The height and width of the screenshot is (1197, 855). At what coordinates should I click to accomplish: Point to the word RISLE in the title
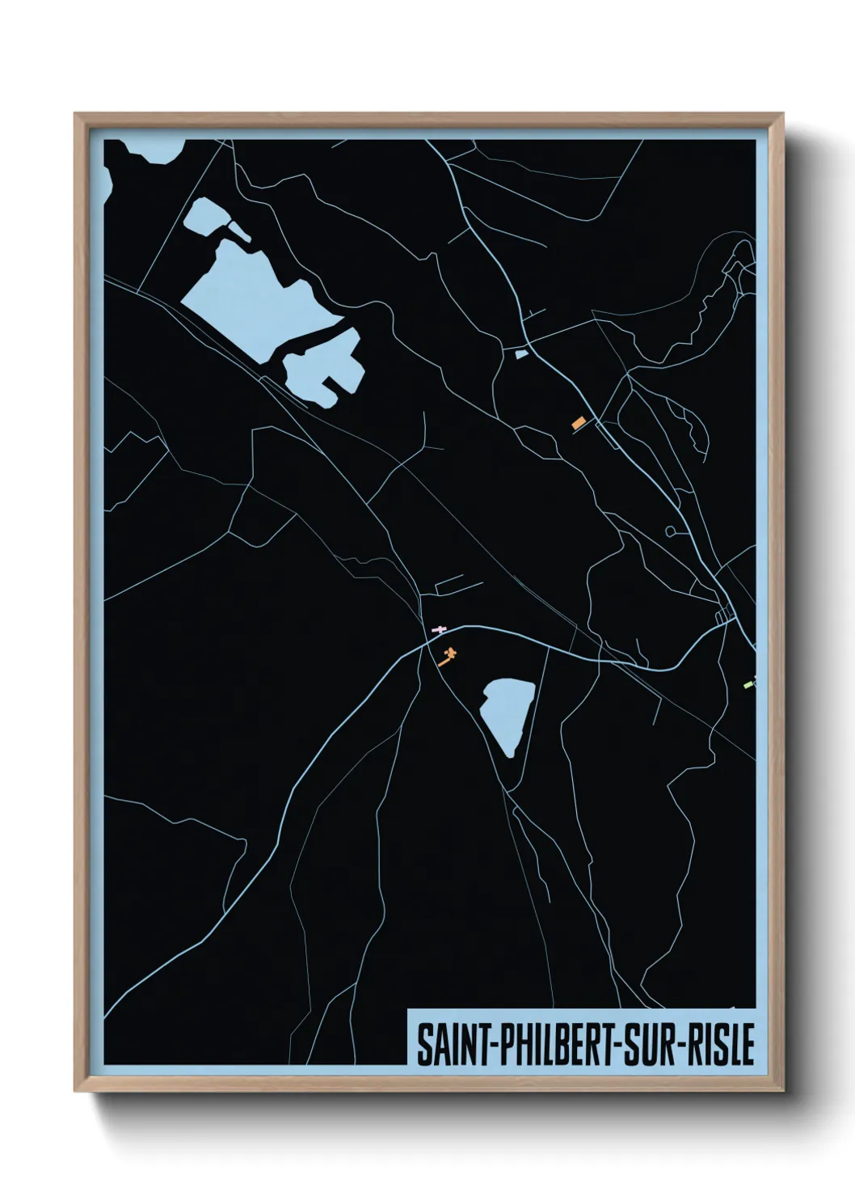click(x=724, y=1044)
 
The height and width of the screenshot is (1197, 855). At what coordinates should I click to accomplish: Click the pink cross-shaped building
click(x=439, y=629)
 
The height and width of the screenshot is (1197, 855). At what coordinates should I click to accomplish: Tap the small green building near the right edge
click(x=748, y=684)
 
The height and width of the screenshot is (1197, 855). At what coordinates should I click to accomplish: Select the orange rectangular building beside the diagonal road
click(x=578, y=423)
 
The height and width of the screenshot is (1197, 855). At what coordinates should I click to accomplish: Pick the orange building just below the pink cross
click(x=446, y=656)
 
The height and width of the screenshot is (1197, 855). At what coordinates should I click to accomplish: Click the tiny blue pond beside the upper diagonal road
click(x=520, y=353)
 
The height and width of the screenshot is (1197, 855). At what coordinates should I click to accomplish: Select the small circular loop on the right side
click(x=670, y=531)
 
